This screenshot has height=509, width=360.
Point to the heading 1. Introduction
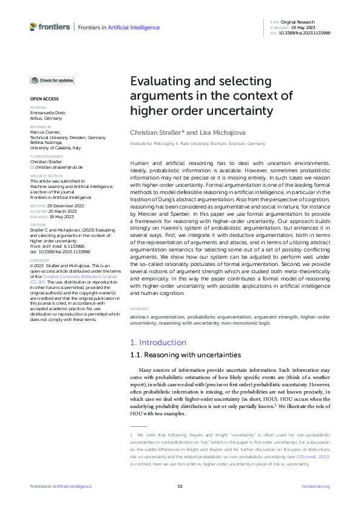159,343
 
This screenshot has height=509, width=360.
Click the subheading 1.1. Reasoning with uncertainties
182,355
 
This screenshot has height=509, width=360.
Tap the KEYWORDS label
140,309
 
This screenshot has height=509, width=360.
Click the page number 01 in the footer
180,487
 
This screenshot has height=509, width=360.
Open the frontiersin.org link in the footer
315,487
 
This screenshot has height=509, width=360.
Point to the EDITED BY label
39,108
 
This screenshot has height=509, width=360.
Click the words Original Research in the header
298,22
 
